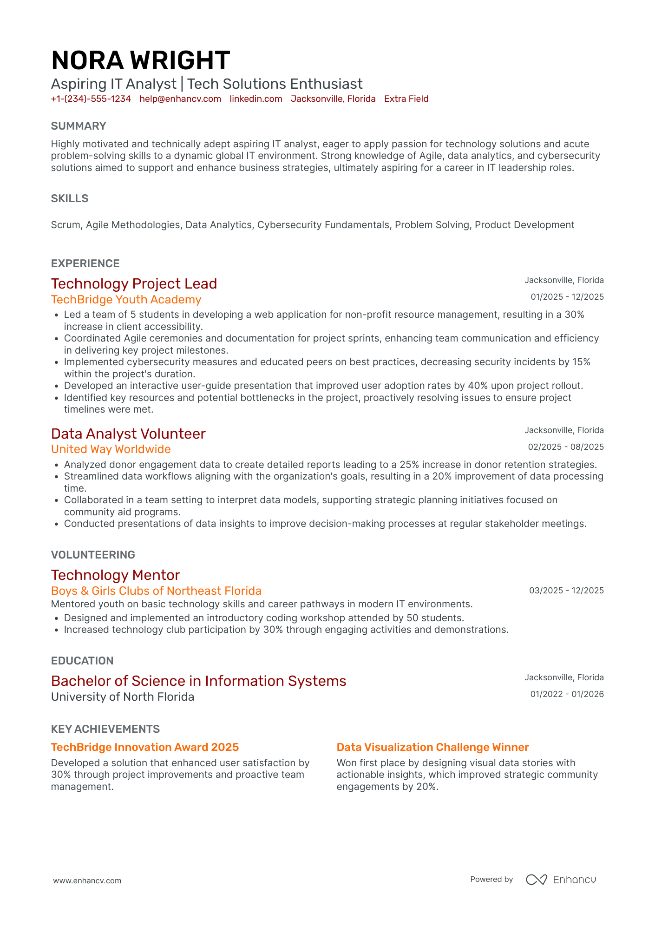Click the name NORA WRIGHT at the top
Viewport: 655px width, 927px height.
click(x=140, y=60)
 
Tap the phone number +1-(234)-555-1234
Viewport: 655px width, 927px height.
click(x=91, y=99)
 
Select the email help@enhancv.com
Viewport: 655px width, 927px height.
click(x=180, y=99)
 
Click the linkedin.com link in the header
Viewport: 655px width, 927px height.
click(x=256, y=99)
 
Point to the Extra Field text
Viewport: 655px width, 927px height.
click(x=406, y=99)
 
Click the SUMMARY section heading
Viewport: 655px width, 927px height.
click(x=79, y=126)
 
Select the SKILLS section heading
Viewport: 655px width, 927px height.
click(x=70, y=198)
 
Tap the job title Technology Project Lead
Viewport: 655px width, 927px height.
click(x=134, y=284)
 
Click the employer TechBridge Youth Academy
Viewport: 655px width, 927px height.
click(x=126, y=300)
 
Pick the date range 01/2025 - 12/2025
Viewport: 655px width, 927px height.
click(x=567, y=297)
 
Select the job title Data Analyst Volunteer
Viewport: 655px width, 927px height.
click(x=128, y=434)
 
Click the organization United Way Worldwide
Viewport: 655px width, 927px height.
click(x=111, y=449)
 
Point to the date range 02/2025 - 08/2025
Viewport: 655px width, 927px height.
click(x=566, y=447)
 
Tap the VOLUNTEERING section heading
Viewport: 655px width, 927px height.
click(x=93, y=555)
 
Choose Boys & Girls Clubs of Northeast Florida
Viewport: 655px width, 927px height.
click(x=156, y=591)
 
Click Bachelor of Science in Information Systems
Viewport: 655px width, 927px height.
click(x=198, y=681)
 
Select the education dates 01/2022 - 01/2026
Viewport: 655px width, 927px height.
click(x=567, y=694)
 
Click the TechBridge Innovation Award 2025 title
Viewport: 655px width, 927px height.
click(x=144, y=747)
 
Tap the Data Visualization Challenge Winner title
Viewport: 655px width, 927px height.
click(x=432, y=747)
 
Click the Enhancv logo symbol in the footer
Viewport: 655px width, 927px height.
click(x=537, y=880)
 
